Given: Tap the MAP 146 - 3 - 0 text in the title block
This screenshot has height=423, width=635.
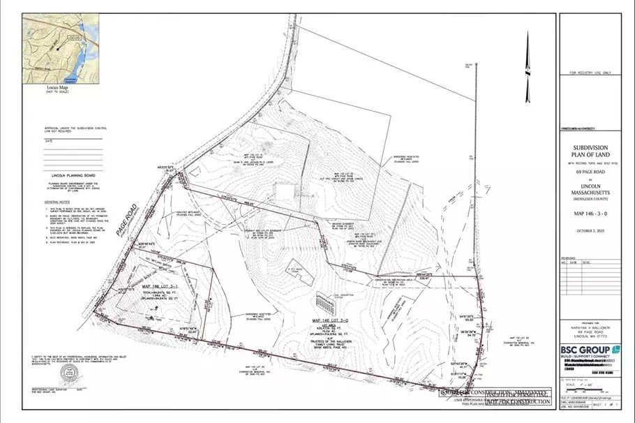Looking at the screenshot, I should coord(590,213).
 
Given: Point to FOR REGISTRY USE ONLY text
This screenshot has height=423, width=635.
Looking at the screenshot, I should coord(590,73).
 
